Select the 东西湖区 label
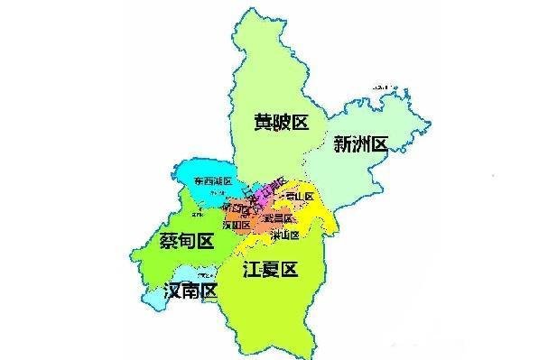(x=212, y=183)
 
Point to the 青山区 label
(x=297, y=197)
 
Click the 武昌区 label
(x=277, y=219)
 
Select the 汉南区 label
(x=192, y=291)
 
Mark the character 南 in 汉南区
(x=192, y=291)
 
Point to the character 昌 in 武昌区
(x=277, y=219)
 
